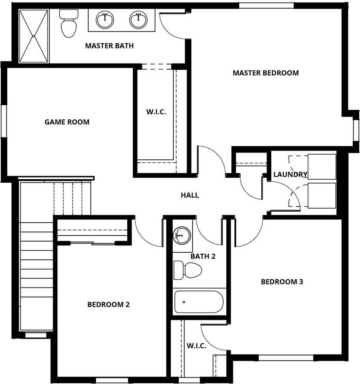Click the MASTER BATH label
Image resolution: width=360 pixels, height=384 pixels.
click(109, 45)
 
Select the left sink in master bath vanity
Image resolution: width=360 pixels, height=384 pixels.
click(105, 20)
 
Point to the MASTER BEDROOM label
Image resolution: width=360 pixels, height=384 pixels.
click(265, 73)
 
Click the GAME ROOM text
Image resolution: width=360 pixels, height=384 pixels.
click(67, 122)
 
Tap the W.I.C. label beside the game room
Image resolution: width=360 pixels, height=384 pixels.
click(156, 112)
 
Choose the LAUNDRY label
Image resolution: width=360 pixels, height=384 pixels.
click(290, 174)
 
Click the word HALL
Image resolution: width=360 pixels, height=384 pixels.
click(190, 195)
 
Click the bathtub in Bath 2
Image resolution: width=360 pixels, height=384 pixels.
click(199, 302)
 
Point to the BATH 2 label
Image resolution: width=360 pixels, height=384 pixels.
click(203, 256)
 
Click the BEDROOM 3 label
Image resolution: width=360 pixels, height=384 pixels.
click(282, 282)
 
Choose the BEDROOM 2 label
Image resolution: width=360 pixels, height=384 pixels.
click(108, 304)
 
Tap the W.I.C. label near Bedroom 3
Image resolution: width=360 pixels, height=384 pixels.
click(196, 346)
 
